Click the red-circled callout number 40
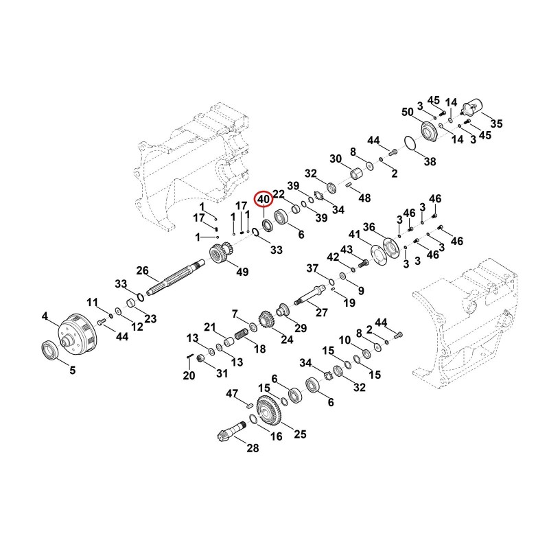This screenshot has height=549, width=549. (264, 200)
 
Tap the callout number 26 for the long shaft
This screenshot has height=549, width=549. (143, 270)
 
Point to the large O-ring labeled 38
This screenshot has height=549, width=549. (410, 143)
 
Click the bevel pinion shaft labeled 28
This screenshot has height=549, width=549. (231, 431)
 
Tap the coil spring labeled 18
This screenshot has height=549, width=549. (241, 334)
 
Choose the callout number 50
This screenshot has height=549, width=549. (408, 113)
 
